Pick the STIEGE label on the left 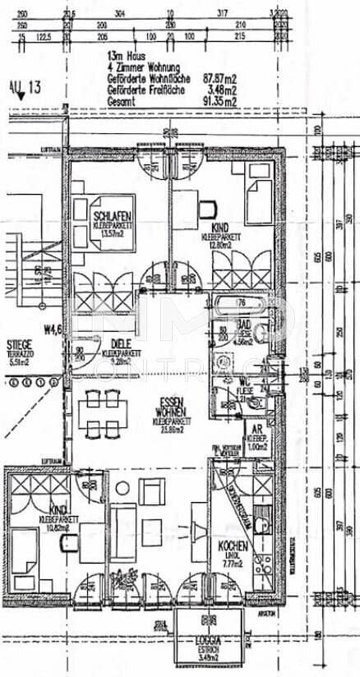pos(19,344)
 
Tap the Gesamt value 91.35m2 pos(219,102)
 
